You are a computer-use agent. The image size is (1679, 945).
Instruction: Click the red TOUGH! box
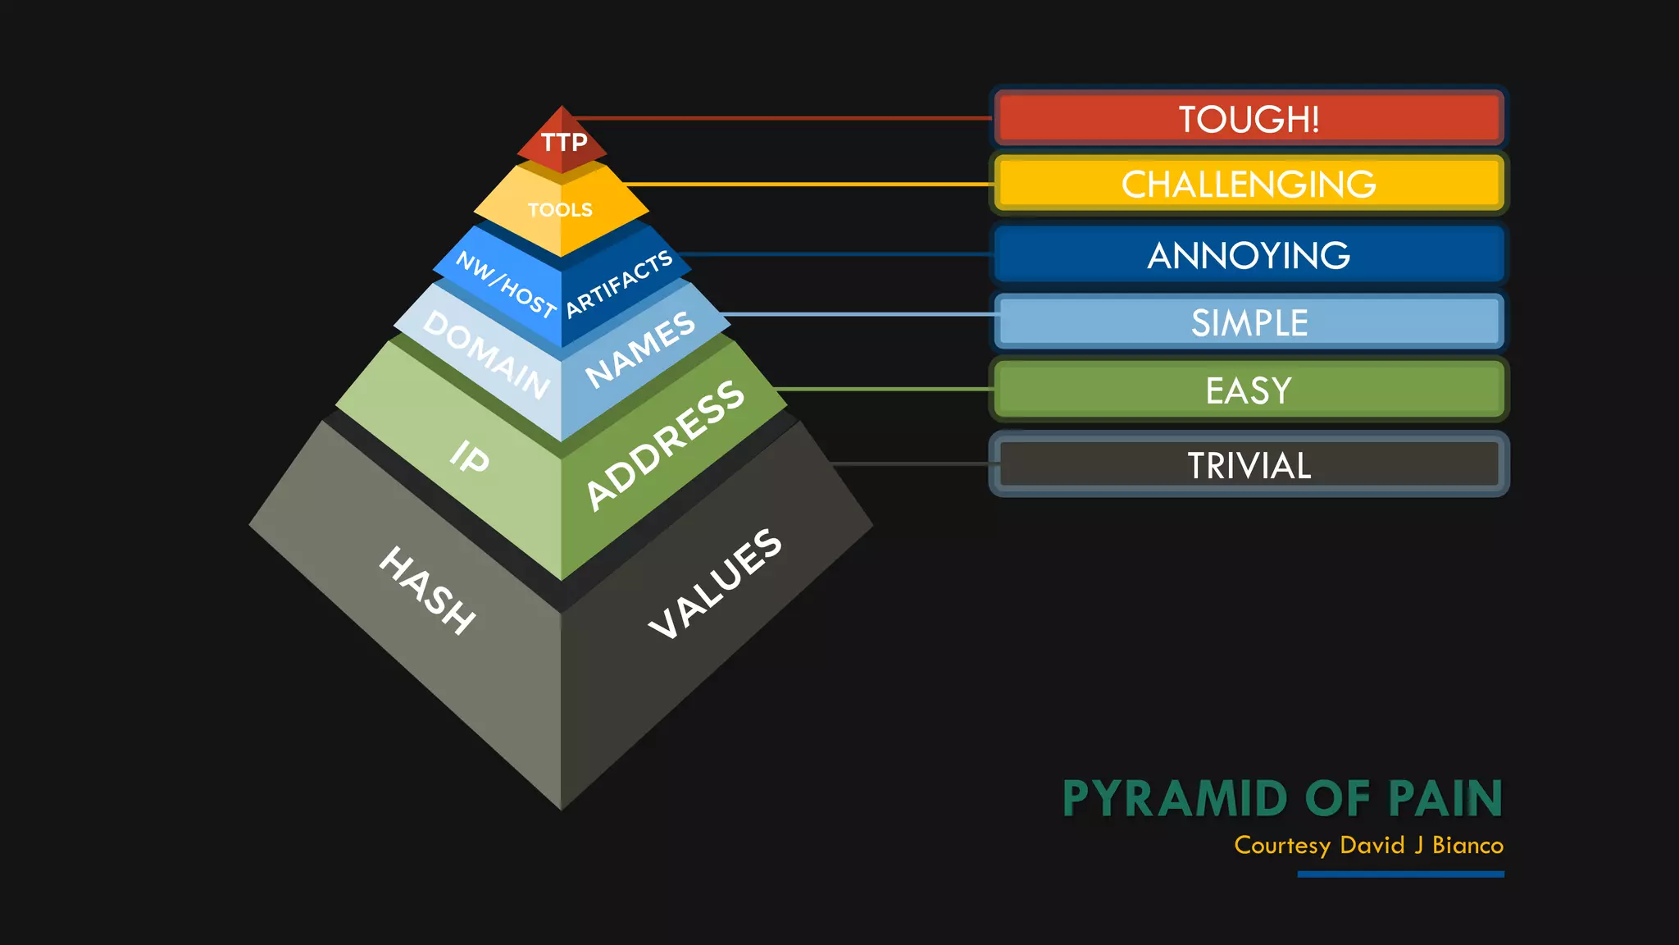pos(1249,119)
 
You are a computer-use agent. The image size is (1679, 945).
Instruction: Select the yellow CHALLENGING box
pos(1249,184)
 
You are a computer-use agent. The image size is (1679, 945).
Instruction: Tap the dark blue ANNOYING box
pos(1249,255)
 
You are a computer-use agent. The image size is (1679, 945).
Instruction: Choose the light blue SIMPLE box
pos(1249,322)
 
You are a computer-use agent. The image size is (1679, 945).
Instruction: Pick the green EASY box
pos(1249,390)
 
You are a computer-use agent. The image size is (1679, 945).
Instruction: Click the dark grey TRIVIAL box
pos(1249,465)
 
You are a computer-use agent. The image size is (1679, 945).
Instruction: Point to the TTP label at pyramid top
pos(564,142)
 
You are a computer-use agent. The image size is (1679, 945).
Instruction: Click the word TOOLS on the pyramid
pos(560,210)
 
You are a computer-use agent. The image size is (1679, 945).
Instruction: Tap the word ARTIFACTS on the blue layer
pos(620,283)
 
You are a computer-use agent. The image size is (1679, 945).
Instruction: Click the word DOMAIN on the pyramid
pos(486,355)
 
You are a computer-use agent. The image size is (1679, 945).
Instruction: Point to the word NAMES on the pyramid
pos(640,349)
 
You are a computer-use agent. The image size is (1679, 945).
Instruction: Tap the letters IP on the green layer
pos(470,457)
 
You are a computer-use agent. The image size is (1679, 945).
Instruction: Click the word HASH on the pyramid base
pos(427,590)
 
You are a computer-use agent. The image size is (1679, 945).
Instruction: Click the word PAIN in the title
pos(1445,799)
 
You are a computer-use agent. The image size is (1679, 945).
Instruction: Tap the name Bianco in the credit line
pos(1467,846)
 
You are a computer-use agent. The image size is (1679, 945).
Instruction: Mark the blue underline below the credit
pos(1400,874)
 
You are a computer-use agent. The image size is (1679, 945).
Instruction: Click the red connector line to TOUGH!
pos(779,118)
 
